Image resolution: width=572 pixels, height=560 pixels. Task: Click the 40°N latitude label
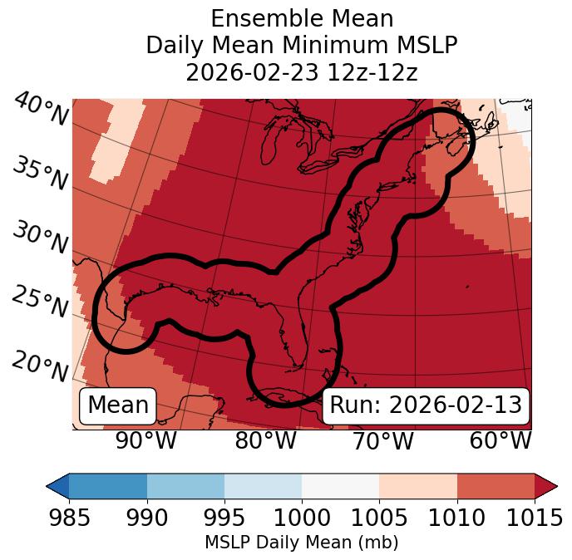pos(39,111)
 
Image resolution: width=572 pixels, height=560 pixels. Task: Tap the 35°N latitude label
pos(39,174)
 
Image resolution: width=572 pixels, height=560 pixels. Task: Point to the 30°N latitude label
pos(39,239)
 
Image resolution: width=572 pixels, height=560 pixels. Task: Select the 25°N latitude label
pos(39,303)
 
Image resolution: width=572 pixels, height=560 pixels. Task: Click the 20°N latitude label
pos(39,366)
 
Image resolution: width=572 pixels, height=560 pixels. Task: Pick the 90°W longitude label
pos(145,440)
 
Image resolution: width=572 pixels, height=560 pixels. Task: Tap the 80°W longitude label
pos(265,440)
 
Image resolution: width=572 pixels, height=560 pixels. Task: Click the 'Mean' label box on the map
pos(118,405)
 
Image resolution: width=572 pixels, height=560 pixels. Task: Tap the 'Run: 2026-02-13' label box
pos(426,405)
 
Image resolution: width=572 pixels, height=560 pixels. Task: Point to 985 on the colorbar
pos(69,518)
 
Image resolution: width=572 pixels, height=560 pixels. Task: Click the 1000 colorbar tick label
pos(302,518)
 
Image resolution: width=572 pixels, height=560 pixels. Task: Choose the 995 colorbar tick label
pos(224,518)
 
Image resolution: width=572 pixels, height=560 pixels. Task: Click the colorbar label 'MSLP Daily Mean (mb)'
pos(301,543)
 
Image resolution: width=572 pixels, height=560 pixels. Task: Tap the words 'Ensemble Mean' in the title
pos(301,18)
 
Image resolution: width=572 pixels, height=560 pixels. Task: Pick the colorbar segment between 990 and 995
pos(185,485)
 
